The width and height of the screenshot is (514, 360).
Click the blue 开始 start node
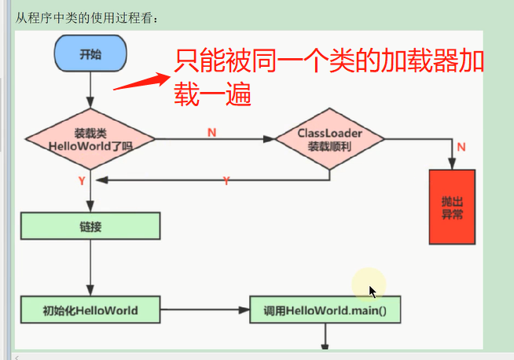90,53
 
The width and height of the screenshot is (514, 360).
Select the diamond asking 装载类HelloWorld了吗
90,139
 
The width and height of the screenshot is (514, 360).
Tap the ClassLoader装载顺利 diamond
329,139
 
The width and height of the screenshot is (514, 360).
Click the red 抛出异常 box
452,207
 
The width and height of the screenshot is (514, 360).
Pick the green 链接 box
90,226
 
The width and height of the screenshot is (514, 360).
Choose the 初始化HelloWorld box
90,310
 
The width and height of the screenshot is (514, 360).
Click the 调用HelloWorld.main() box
325,310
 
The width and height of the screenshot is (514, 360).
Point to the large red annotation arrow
141,81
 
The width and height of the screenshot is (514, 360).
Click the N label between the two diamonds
211,133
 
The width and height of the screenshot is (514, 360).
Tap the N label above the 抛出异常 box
461,147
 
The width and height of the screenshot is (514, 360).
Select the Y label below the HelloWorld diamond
82,181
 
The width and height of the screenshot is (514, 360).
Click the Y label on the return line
226,181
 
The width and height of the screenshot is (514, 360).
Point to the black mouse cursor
373,292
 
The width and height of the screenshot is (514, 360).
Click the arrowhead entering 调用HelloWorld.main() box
244,310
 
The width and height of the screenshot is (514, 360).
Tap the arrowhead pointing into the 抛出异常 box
452,163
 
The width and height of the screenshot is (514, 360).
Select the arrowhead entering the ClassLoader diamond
269,139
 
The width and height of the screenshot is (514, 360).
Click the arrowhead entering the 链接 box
90,207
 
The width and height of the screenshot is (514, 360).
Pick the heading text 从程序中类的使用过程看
86,18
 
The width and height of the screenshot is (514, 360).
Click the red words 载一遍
212,94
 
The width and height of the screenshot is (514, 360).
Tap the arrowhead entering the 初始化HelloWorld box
90,291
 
